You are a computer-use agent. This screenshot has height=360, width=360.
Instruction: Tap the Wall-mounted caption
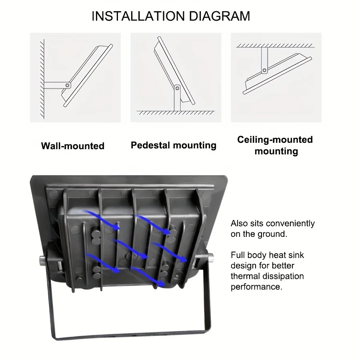(x=72, y=146)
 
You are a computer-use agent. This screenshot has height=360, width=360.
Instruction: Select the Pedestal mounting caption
(x=173, y=145)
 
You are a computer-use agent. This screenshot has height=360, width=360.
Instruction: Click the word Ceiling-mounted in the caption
(x=275, y=140)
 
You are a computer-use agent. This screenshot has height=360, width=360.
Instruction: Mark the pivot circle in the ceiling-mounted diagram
(x=264, y=71)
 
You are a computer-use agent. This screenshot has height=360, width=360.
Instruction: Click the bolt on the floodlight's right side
(x=210, y=256)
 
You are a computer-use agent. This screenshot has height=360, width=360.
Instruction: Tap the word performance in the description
(x=256, y=287)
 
